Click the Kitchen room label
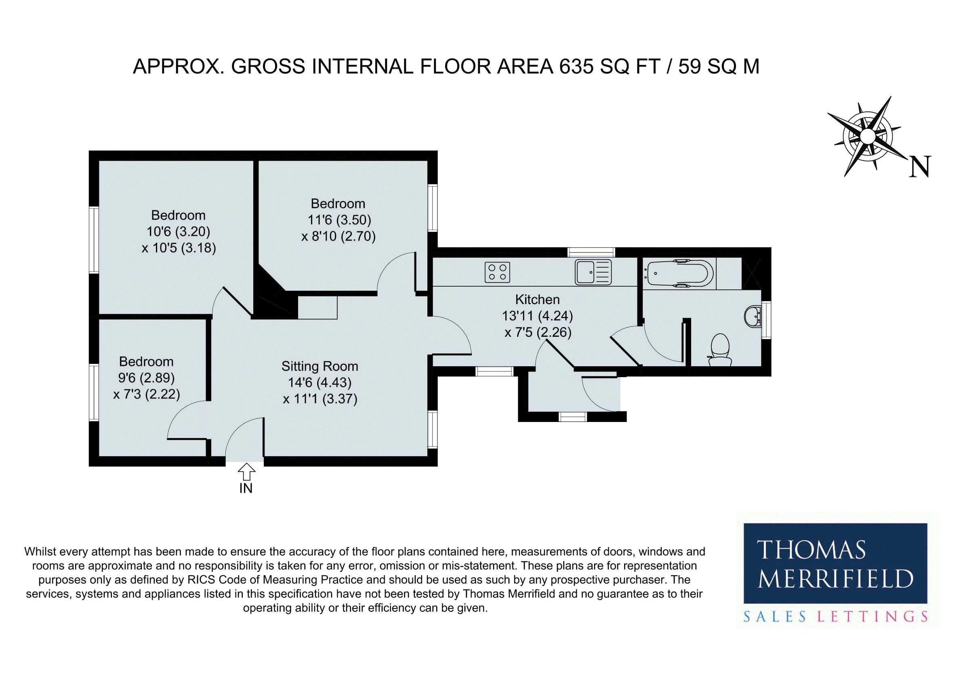pos(537,300)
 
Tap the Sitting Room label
pos(320,366)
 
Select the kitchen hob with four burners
pos(497,272)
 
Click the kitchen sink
pos(593,271)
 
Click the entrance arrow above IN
pos(246,472)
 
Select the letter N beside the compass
pos(920,166)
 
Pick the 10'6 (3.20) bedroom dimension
pos(178,231)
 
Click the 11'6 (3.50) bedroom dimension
pos(340,220)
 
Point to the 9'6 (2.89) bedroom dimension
pos(146,378)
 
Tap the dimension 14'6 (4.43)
pos(320,382)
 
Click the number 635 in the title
pos(573,67)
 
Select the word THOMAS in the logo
pos(811,550)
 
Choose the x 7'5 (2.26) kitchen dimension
pos(538,332)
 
